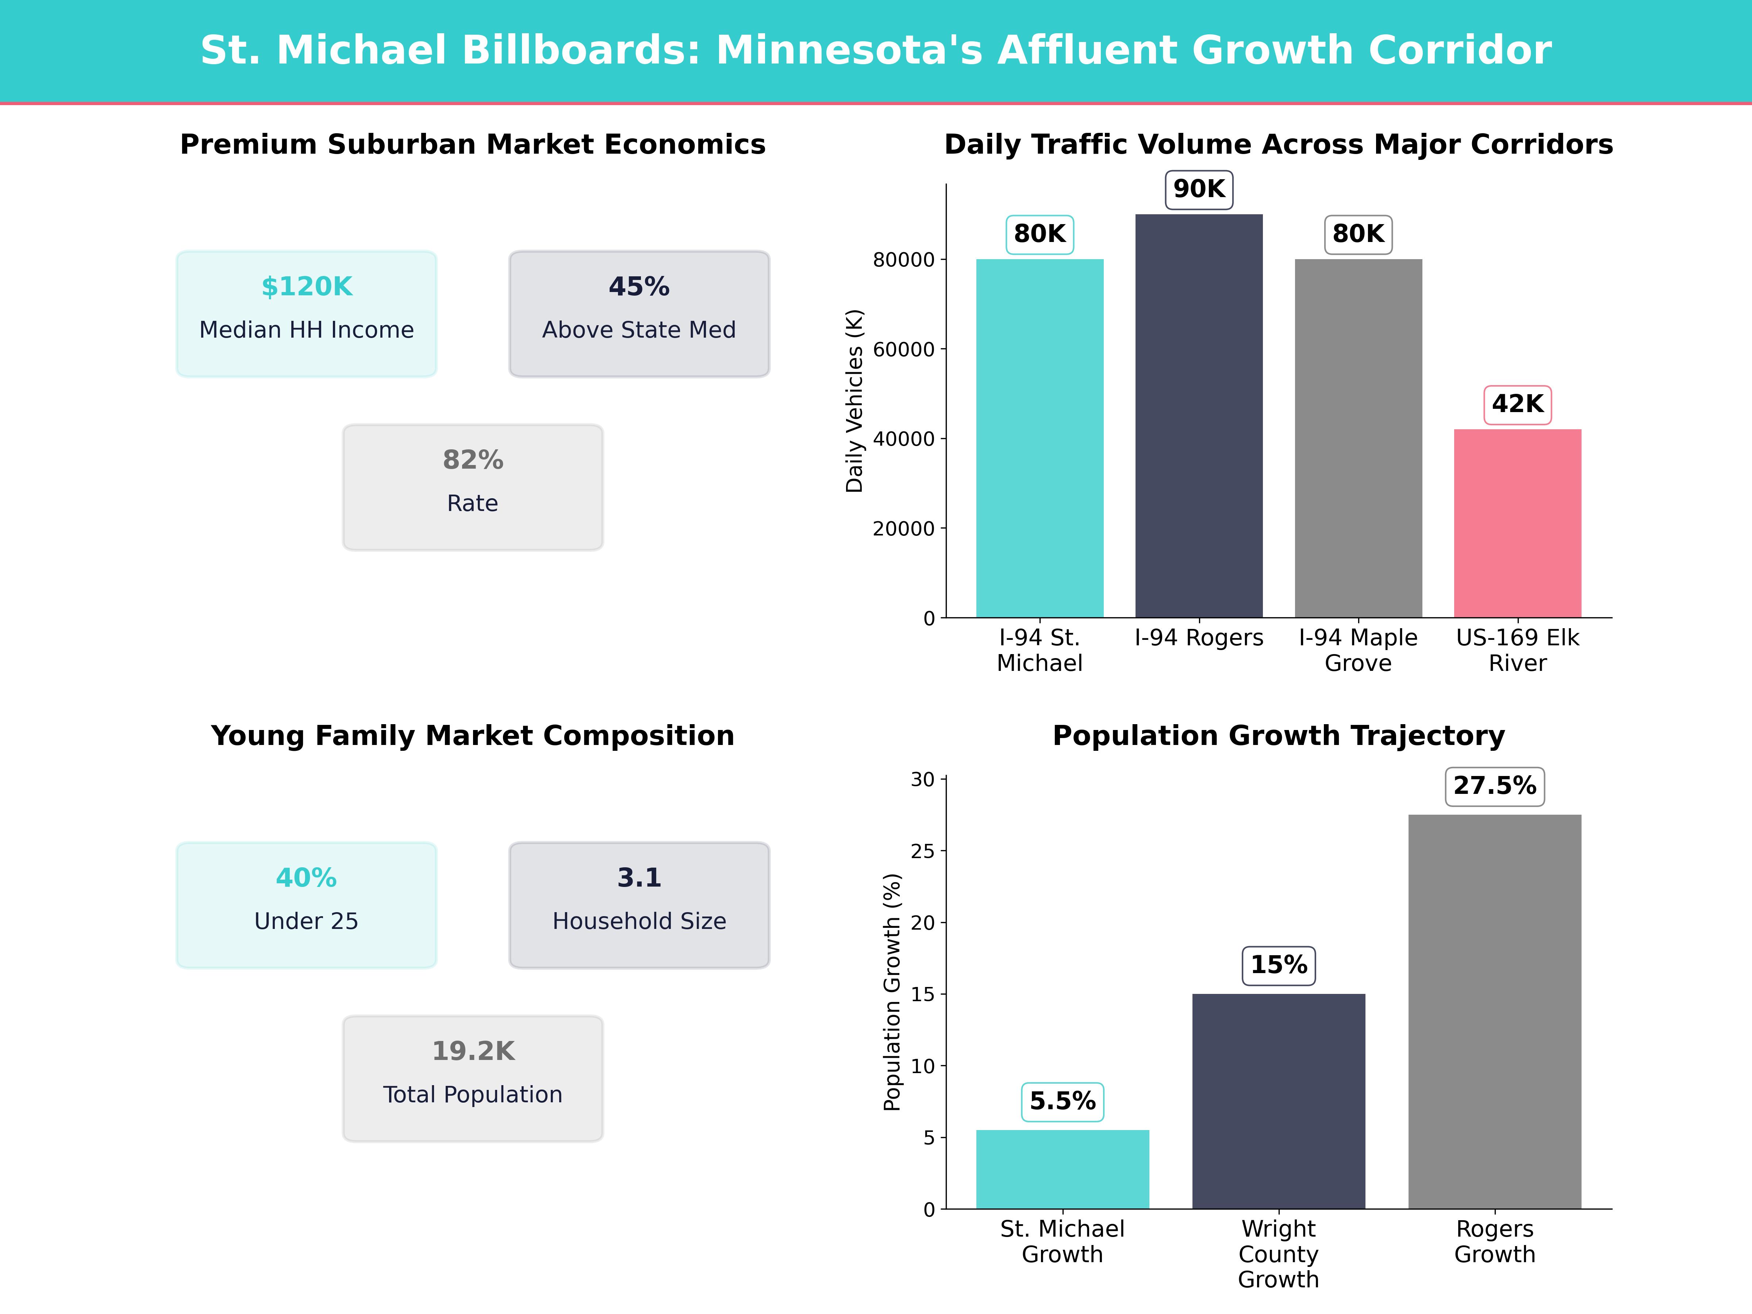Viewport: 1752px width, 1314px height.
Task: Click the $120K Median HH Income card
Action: pos(307,314)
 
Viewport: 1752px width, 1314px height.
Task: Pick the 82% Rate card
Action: pos(473,487)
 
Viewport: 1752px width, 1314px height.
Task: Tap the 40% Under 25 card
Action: pos(307,904)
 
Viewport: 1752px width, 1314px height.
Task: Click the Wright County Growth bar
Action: pos(1278,1101)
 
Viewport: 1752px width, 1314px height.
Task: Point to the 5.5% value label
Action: pos(1062,1101)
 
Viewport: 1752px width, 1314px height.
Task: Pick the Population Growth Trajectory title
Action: pos(1278,736)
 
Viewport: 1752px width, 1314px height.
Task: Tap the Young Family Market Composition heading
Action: pos(473,736)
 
